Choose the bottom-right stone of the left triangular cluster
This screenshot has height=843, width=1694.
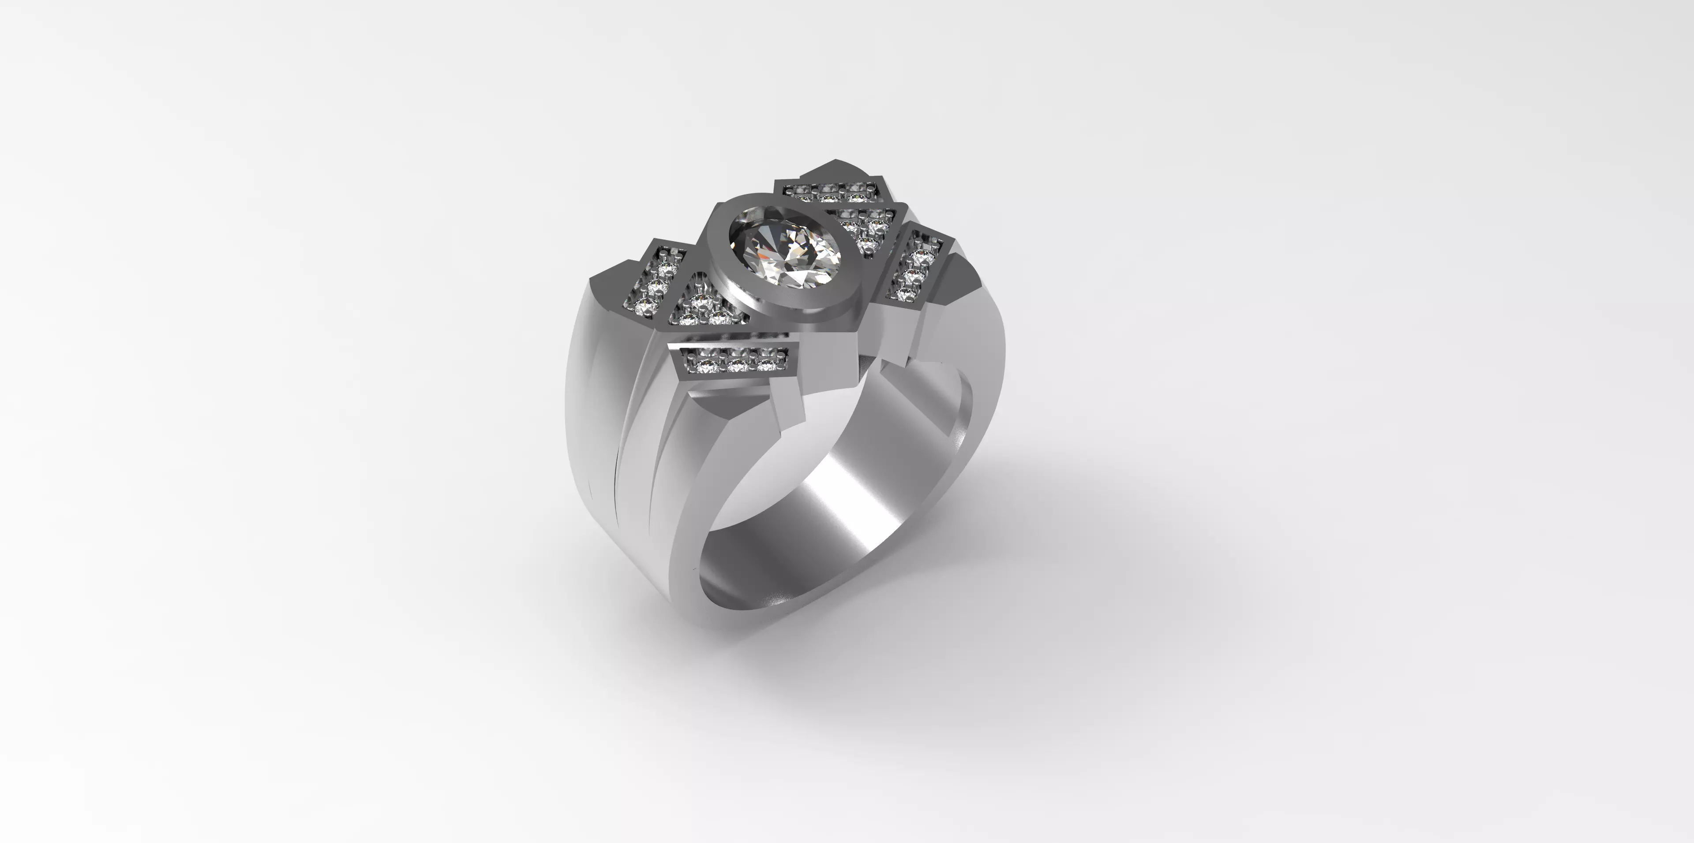pos(720,319)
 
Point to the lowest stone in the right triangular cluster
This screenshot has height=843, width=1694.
pos(866,246)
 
